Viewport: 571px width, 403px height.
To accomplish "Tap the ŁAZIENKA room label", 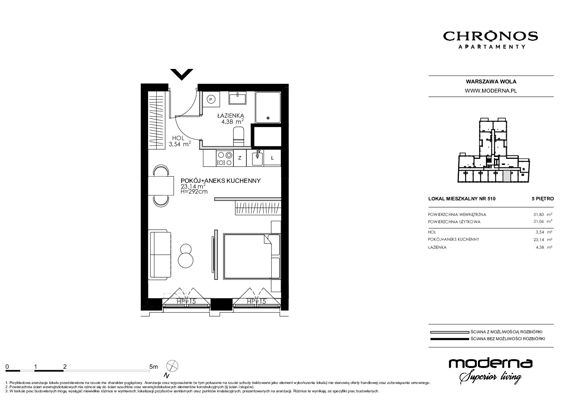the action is click(x=231, y=116).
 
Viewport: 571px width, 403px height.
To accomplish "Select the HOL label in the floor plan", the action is click(x=178, y=138).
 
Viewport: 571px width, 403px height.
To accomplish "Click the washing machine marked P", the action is click(x=211, y=99).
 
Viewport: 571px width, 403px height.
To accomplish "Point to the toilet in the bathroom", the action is click(x=239, y=137).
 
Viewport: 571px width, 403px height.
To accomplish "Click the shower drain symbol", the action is click(x=268, y=118).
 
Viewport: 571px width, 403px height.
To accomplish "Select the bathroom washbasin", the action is click(x=238, y=98).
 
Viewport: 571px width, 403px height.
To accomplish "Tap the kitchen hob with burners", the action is click(x=225, y=158).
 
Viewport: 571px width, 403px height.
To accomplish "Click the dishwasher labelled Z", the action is click(x=240, y=158).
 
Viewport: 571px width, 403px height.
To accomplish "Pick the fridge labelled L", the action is click(x=272, y=158).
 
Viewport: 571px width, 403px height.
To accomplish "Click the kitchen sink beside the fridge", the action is click(x=257, y=158).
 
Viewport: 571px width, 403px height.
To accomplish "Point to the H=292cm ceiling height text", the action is click(x=194, y=192).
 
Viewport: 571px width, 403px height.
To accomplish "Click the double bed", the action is click(x=252, y=256).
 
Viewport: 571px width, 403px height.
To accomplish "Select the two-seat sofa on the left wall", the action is click(x=160, y=254).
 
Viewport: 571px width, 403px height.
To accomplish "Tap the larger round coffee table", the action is click(x=186, y=260).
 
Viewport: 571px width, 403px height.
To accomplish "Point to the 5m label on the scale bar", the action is click(x=153, y=366).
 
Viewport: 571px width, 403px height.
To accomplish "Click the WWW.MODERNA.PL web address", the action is click(x=491, y=91).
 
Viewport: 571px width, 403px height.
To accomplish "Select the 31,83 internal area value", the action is click(x=538, y=214).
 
